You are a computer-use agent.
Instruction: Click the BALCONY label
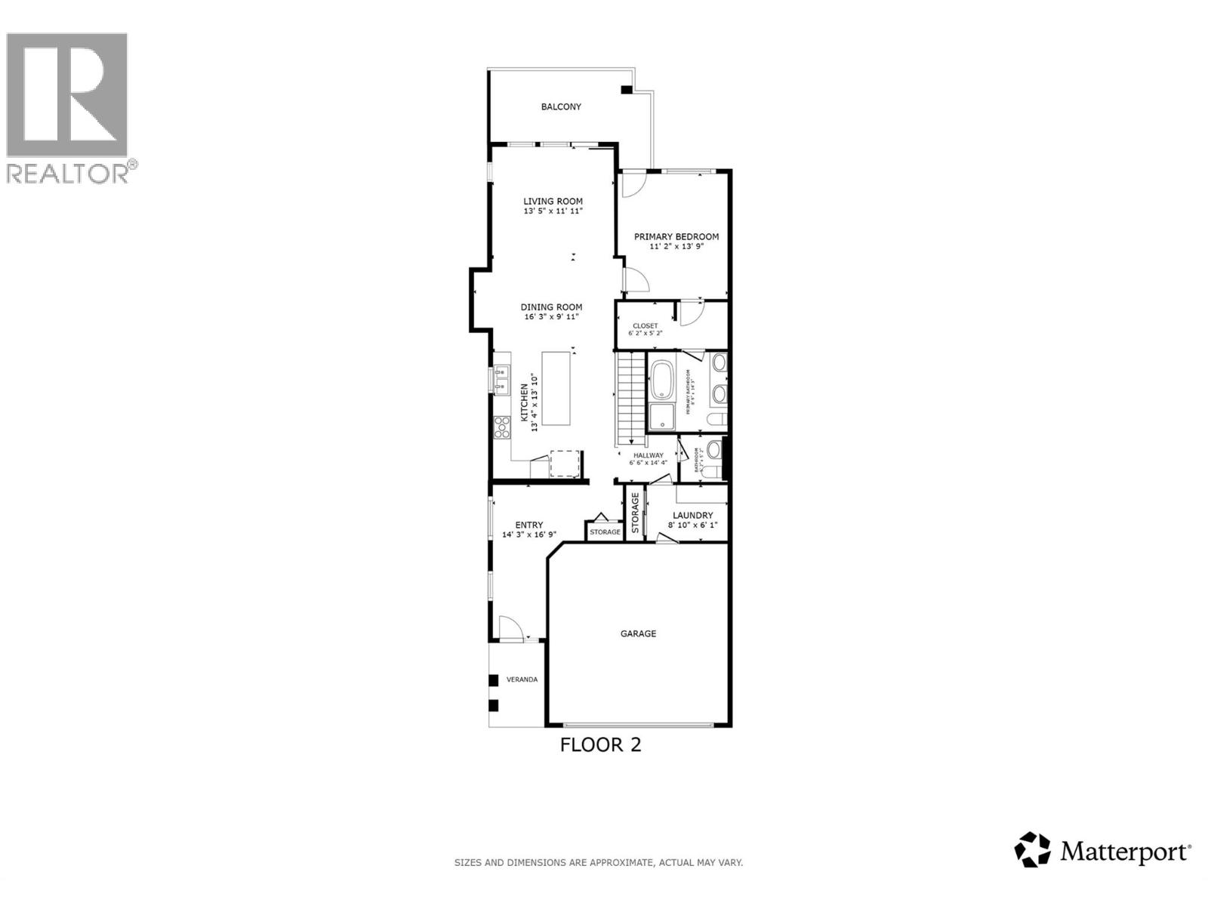(x=561, y=107)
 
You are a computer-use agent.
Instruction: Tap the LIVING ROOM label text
(x=553, y=202)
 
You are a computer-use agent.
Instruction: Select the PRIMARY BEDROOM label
(x=676, y=237)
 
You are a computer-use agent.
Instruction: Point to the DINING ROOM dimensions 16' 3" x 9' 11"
(x=551, y=317)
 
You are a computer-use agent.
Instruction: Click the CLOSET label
(x=645, y=326)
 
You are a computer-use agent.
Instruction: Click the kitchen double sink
(x=501, y=379)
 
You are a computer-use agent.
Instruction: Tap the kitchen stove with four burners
(x=501, y=428)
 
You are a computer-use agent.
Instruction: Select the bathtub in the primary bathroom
(x=662, y=380)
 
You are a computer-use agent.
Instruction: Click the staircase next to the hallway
(x=631, y=400)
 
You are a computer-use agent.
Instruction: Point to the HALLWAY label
(x=648, y=455)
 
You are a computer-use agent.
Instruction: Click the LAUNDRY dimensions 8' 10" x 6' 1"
(x=692, y=525)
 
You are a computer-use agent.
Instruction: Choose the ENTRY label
(x=528, y=525)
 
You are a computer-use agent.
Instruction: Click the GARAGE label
(x=638, y=634)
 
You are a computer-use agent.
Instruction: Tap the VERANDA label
(x=522, y=679)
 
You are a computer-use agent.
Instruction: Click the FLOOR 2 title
(x=600, y=745)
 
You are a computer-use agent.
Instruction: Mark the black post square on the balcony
(x=626, y=90)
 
